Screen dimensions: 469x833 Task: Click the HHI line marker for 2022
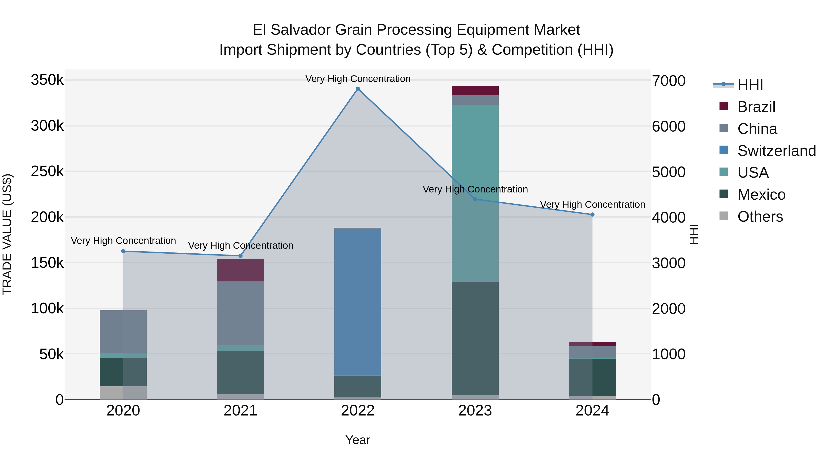[358, 89]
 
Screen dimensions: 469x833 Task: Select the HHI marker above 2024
[592, 215]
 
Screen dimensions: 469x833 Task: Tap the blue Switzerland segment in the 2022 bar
[358, 301]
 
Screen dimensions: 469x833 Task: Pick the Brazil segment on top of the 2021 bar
[240, 270]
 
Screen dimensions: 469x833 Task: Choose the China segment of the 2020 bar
[123, 331]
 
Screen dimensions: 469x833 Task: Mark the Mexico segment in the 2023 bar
[475, 338]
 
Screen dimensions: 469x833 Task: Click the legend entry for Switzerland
[776, 151]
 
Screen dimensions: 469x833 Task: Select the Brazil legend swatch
[723, 106]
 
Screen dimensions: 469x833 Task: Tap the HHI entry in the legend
[750, 85]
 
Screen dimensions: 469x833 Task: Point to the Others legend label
[760, 217]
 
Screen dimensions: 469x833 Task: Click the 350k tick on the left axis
[47, 80]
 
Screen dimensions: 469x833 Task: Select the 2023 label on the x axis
[475, 411]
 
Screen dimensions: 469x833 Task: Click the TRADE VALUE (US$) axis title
[7, 234]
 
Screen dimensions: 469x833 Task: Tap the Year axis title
[358, 440]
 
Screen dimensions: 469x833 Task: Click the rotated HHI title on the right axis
[694, 234]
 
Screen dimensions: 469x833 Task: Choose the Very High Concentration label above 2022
[358, 79]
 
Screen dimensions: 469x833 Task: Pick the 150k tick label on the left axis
[47, 263]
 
